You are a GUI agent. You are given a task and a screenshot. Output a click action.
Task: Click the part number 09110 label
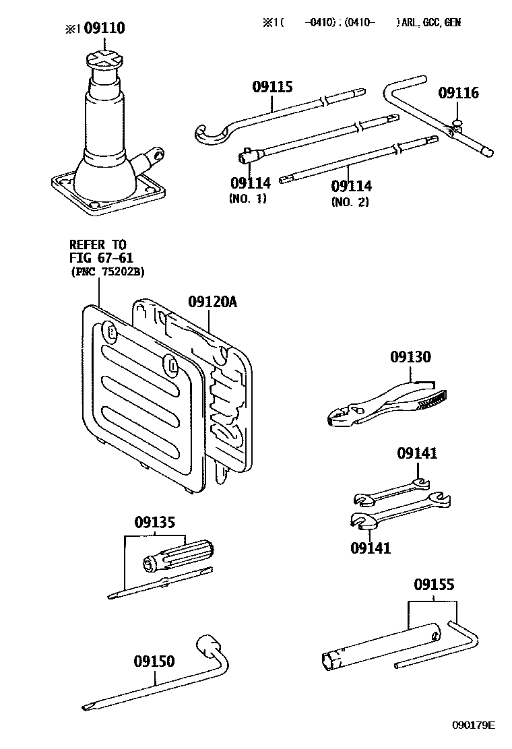point(104,28)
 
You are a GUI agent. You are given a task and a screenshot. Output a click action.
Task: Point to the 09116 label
point(459,93)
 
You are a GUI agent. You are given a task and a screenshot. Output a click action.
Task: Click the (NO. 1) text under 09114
point(247,199)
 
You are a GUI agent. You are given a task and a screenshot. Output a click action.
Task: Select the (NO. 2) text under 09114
point(350,201)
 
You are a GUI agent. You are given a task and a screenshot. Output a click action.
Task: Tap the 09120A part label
point(212,302)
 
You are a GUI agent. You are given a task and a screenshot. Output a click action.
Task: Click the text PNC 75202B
point(108,272)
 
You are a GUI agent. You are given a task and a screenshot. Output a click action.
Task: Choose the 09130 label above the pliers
point(410,356)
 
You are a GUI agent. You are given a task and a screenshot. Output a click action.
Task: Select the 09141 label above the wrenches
point(417,453)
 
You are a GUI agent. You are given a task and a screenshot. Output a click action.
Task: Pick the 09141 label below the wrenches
point(371,548)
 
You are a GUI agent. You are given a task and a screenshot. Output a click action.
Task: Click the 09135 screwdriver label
point(155,522)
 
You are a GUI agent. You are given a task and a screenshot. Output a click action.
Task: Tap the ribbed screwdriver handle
point(178,556)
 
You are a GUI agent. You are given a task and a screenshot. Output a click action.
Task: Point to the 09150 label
point(154,661)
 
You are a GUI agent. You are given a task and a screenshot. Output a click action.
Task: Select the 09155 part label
point(434,584)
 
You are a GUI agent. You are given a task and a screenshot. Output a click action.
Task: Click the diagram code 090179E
point(474,725)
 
